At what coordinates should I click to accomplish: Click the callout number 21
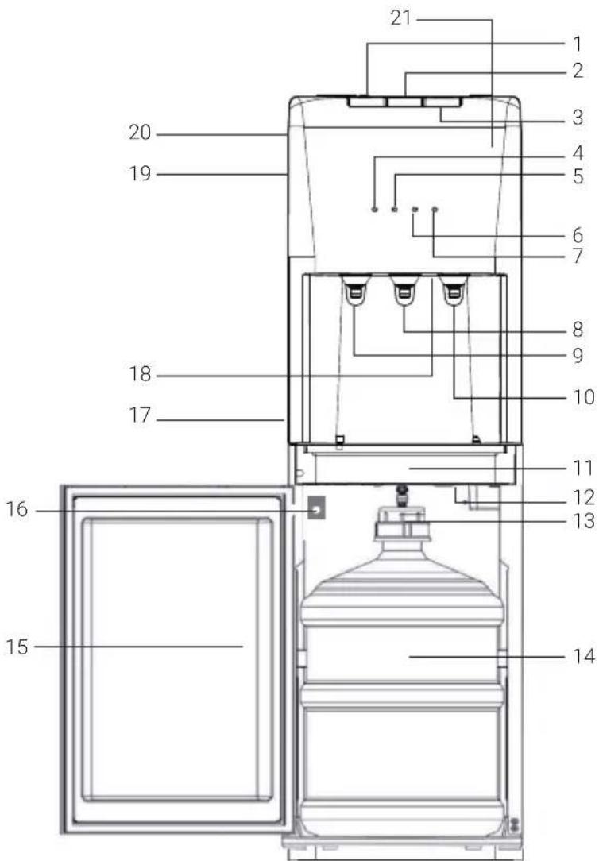(x=401, y=18)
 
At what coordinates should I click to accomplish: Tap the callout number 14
(x=583, y=655)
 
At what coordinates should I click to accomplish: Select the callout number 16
(x=17, y=509)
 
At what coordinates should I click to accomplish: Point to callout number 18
(x=140, y=374)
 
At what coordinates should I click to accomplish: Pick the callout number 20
(x=140, y=132)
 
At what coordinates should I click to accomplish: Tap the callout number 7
(x=577, y=256)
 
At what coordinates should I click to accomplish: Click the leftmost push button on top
(x=366, y=102)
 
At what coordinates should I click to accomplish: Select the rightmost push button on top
(x=442, y=102)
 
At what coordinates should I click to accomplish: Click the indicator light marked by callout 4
(x=374, y=209)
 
